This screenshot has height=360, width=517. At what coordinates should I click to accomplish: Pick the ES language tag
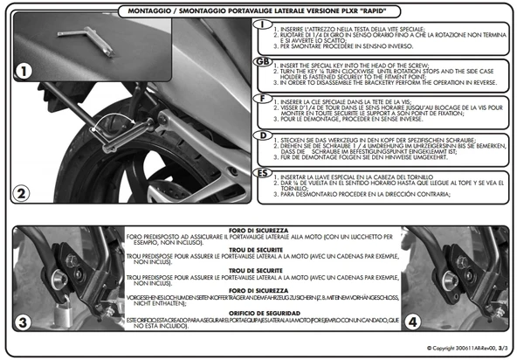tap(260, 173)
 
